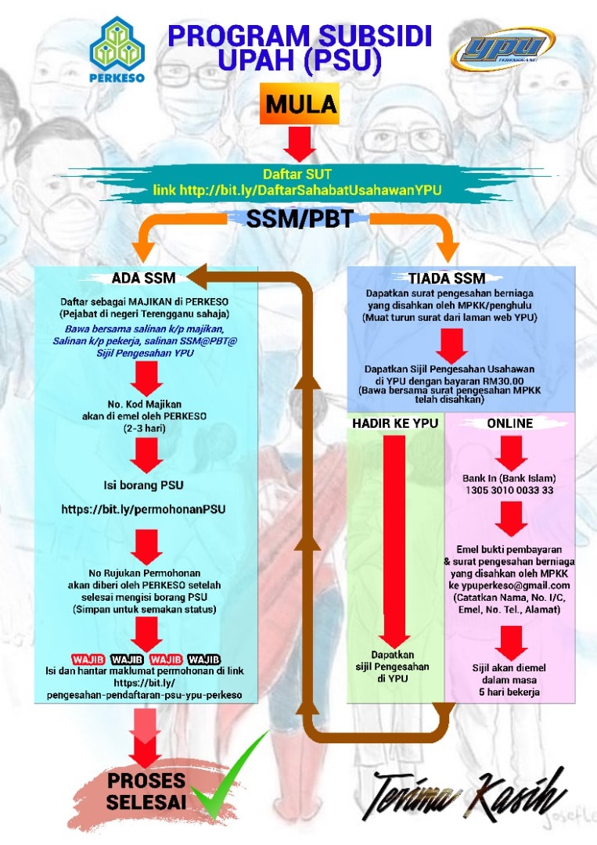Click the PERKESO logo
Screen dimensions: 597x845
pos(117,49)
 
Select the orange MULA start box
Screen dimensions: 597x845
pos(300,103)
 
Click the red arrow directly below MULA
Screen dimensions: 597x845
pos(300,143)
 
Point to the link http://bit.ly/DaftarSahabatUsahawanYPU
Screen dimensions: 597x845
pos(297,190)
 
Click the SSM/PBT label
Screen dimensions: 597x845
pos(300,219)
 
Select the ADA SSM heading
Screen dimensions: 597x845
pos(143,278)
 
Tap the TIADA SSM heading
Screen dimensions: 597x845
pos(447,278)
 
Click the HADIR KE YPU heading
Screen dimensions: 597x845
pos(395,423)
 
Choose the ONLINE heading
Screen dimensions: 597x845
pos(509,423)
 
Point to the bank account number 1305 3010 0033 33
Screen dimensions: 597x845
pos(509,491)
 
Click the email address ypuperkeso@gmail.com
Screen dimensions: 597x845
pos(509,586)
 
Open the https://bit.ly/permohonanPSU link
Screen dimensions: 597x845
pos(143,509)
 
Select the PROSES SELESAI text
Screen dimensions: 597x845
pos(146,791)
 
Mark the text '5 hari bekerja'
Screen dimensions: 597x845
pos(509,692)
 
